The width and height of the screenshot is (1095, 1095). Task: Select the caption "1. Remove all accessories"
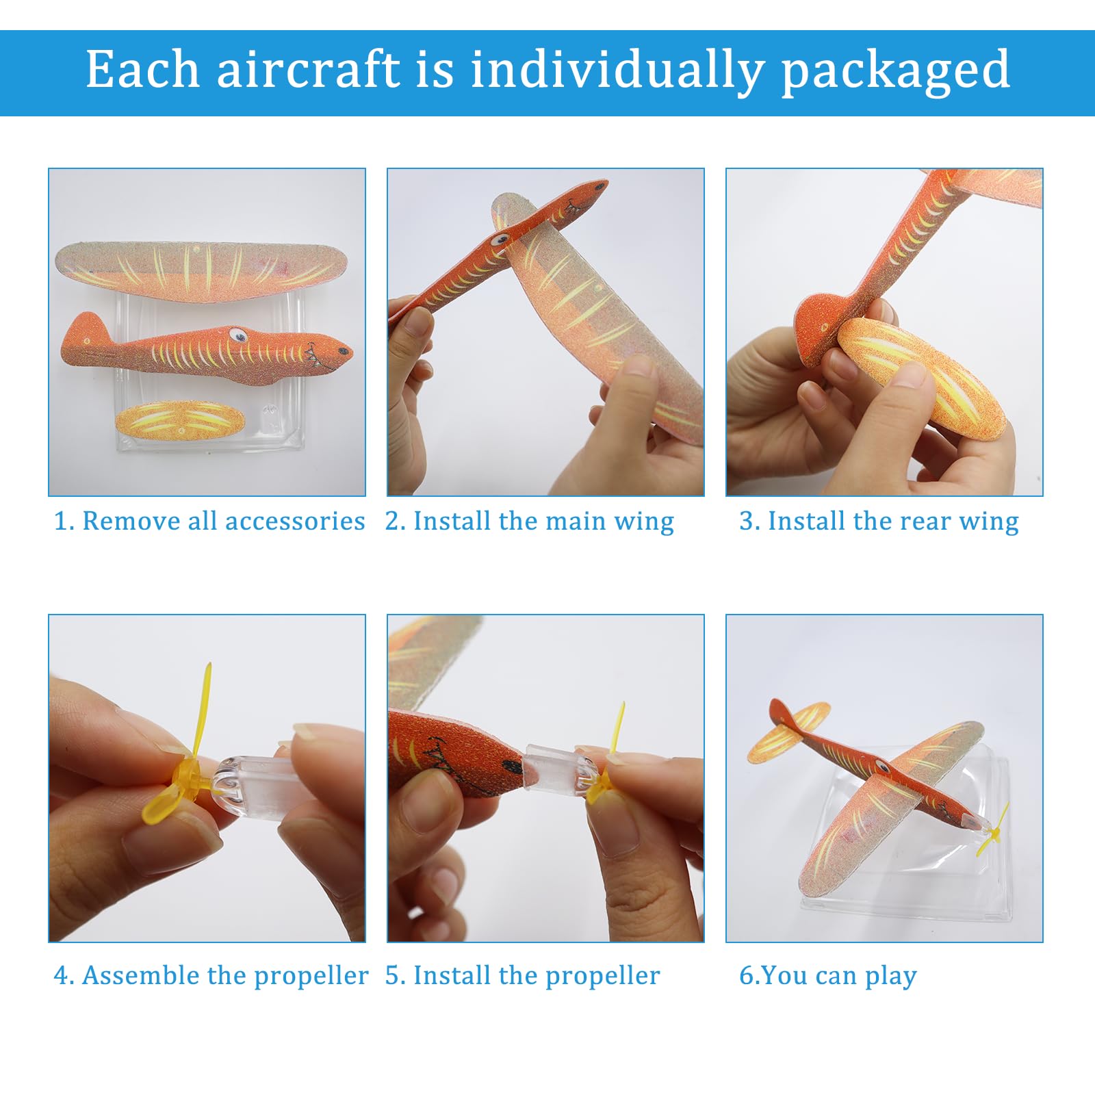209,521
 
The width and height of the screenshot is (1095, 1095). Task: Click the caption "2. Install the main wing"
530,521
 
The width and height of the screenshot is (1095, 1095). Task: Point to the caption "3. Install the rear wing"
879,521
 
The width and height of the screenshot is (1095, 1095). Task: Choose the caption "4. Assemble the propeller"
211,976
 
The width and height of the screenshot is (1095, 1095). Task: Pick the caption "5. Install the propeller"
523,976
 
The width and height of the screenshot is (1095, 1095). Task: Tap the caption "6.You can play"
828,976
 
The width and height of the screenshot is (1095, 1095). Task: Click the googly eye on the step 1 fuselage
237,335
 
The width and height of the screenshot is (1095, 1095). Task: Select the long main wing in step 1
201,268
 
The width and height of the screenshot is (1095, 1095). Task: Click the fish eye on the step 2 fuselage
500,240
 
